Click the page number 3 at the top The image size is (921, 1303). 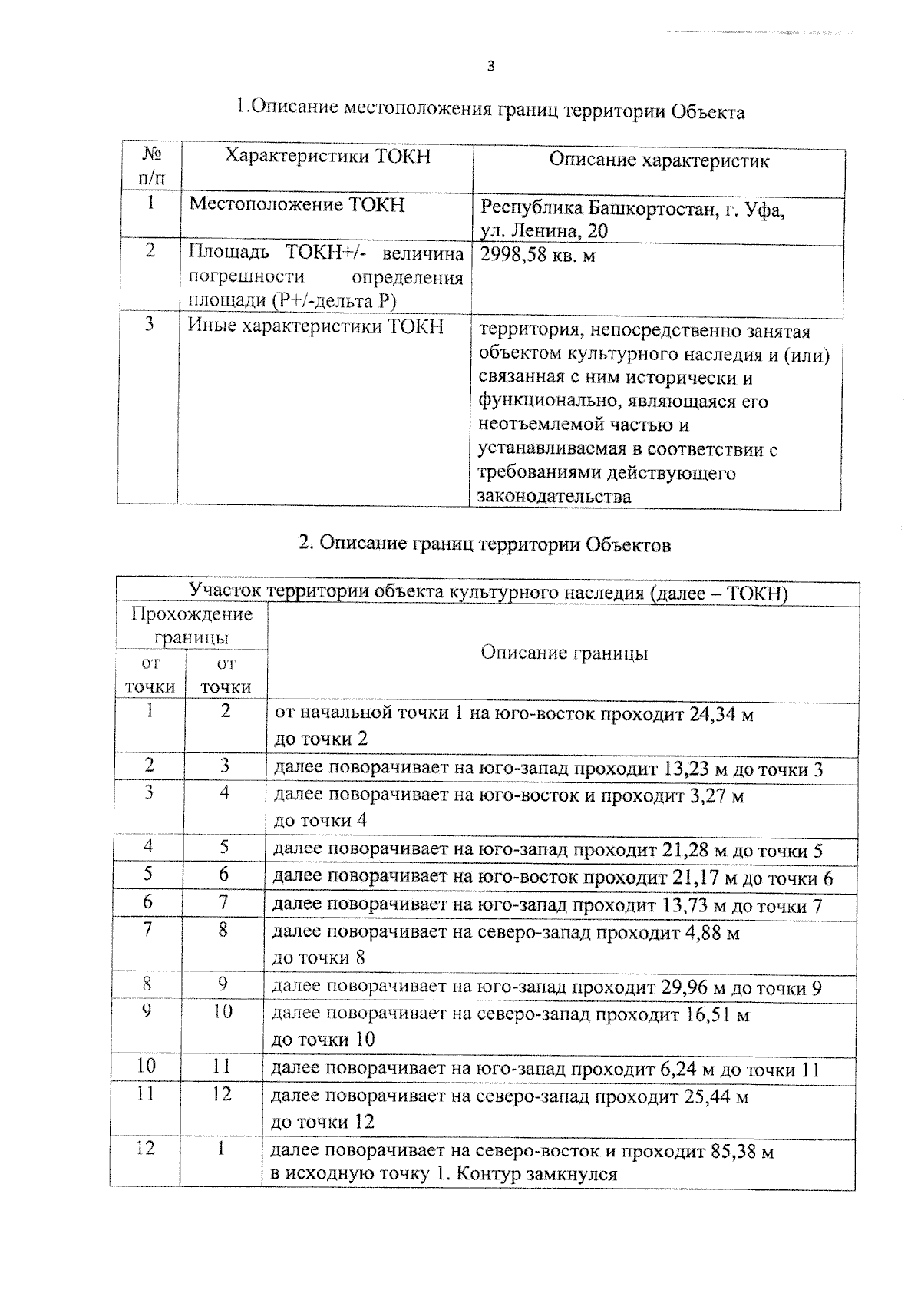[x=491, y=66]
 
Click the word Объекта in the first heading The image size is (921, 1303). [x=707, y=112]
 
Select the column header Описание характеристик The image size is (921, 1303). [x=659, y=160]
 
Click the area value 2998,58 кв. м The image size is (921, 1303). [x=537, y=256]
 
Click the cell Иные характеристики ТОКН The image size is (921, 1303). [x=316, y=326]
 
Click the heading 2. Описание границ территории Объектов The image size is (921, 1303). [x=484, y=544]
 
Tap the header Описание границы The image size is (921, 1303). [x=564, y=653]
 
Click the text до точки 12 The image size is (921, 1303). [x=323, y=1122]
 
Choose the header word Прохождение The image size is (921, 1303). [x=192, y=614]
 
